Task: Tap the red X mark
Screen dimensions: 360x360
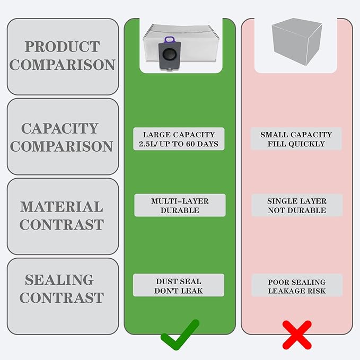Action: (297, 335)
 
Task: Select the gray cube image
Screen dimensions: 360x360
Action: (297, 41)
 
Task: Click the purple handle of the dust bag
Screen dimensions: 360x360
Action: (170, 40)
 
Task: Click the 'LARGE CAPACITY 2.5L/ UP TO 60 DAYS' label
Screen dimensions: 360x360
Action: (179, 139)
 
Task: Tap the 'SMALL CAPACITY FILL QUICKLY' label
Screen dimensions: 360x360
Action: (296, 139)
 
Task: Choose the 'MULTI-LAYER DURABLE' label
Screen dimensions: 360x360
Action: (180, 205)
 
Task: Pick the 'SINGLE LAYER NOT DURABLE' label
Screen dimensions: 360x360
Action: (297, 205)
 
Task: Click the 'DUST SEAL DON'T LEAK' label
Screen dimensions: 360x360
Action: (179, 285)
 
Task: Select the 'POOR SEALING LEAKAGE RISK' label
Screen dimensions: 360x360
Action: (297, 285)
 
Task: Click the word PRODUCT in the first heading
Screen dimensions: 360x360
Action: (62, 47)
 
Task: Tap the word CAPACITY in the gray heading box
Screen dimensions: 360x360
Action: (60, 128)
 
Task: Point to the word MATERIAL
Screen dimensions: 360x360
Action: (62, 207)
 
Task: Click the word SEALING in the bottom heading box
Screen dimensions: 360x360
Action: (59, 279)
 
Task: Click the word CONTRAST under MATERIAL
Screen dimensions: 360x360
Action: (62, 225)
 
